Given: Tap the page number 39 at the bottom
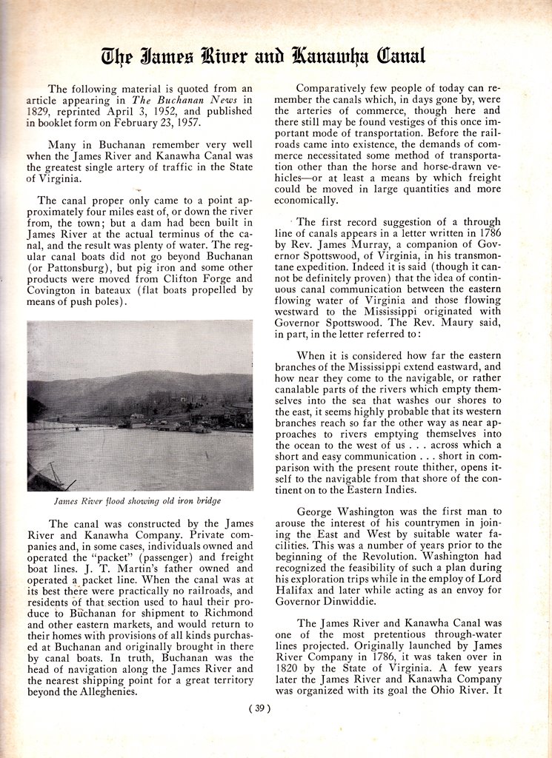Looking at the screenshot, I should [x=259, y=708].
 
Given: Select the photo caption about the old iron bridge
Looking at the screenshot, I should [x=138, y=501].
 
